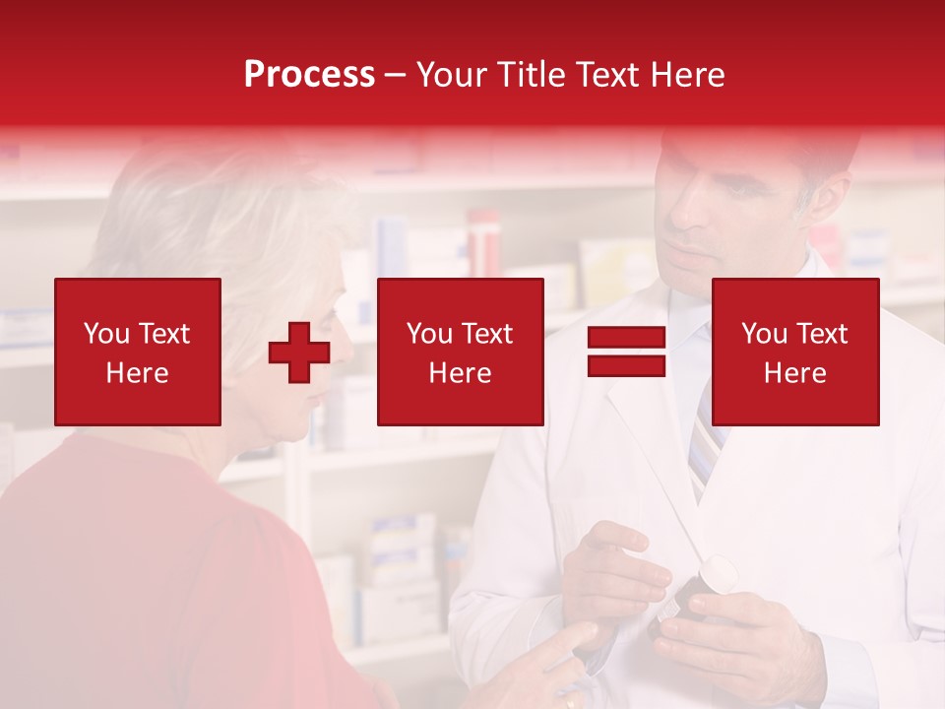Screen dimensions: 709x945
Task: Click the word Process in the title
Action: coord(309,75)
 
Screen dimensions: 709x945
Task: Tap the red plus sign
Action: coord(298,354)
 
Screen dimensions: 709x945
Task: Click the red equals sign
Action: coord(626,353)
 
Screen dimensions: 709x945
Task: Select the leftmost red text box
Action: coord(138,352)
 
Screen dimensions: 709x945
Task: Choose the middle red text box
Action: coord(460,352)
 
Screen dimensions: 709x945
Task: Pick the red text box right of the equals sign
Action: coord(794,352)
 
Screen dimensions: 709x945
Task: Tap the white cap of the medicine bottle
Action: coord(718,575)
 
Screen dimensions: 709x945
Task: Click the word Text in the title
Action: coord(600,75)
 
